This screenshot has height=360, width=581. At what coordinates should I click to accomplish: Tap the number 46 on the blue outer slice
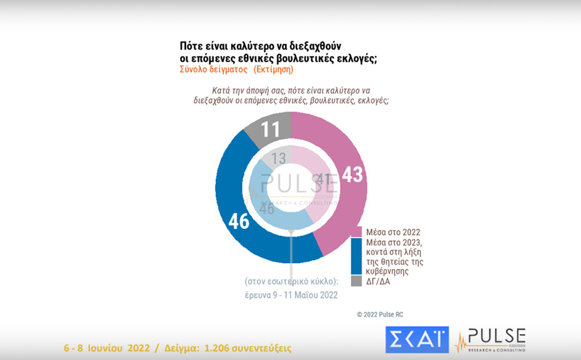coord(240,221)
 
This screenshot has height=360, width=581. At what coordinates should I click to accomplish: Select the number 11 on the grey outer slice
coord(270,128)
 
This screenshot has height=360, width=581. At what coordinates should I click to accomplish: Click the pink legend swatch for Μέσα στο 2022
coord(355,232)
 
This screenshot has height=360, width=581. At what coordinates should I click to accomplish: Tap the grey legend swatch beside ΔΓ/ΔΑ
coord(355,281)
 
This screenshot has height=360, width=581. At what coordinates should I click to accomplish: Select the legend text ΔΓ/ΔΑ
coord(377,281)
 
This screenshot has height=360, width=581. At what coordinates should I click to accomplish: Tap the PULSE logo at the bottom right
coord(490,339)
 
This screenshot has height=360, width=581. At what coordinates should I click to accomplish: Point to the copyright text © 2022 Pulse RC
coord(380,314)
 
